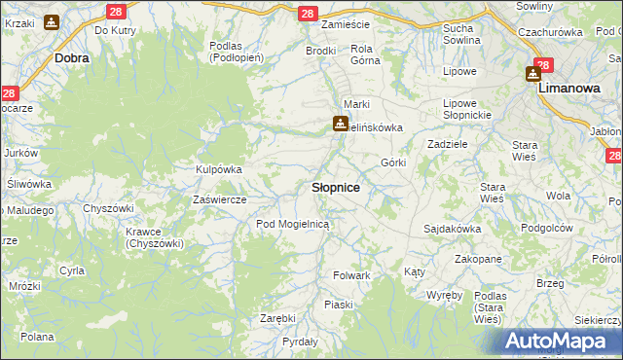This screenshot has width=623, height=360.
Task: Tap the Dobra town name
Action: [x=73, y=58]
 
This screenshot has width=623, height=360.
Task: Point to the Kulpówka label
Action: [x=219, y=169]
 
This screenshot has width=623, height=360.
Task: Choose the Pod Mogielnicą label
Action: [x=294, y=224]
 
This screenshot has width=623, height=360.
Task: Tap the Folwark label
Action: [x=352, y=276]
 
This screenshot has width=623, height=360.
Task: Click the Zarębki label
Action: [x=277, y=318]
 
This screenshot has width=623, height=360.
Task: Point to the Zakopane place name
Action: [x=478, y=260]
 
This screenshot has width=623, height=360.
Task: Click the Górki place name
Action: [x=393, y=162]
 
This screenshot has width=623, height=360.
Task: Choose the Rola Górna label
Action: [x=362, y=54]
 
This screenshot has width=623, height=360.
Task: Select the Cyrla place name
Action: [x=71, y=270]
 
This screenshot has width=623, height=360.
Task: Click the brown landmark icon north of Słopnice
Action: [x=340, y=124]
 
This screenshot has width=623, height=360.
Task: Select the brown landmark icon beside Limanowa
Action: [x=534, y=73]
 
